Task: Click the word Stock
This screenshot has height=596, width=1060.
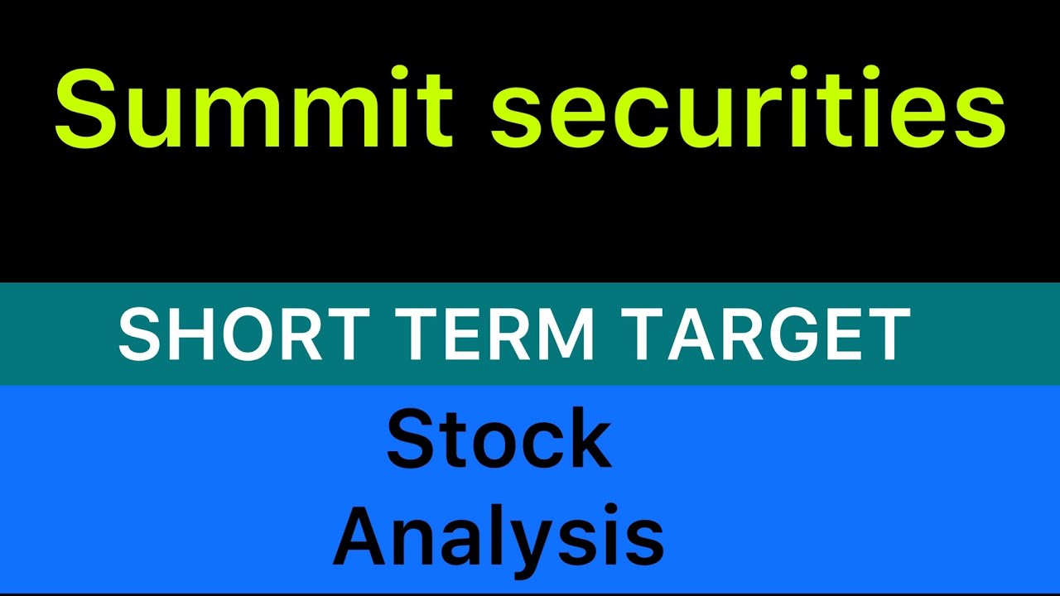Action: click(x=499, y=439)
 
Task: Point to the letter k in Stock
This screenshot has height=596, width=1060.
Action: click(x=586, y=439)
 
